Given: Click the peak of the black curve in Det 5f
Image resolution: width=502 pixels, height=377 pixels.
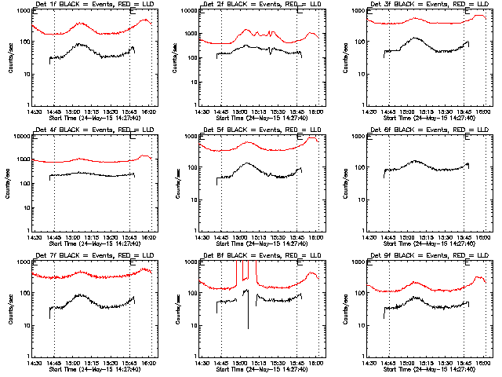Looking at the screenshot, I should [x=246, y=163].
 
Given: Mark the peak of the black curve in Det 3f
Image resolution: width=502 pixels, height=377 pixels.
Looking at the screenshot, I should [x=413, y=38].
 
